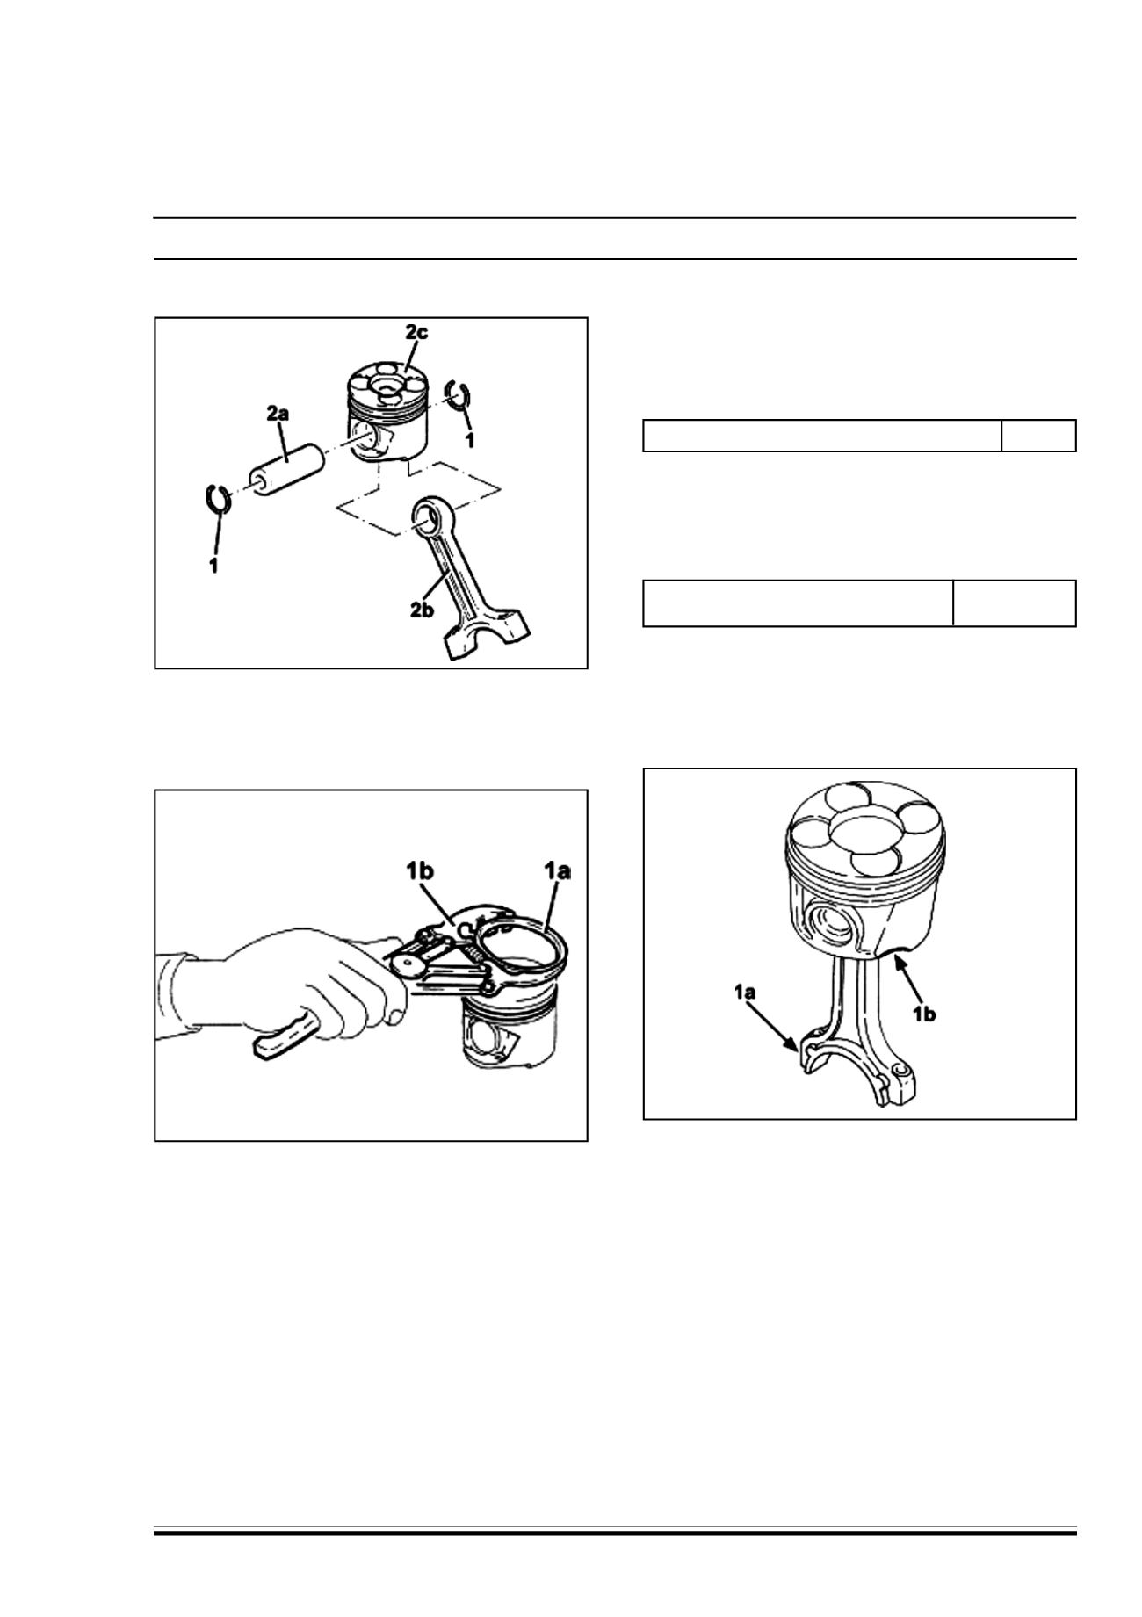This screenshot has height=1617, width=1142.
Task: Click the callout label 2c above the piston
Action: [416, 333]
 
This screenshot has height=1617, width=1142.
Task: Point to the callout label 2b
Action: [423, 610]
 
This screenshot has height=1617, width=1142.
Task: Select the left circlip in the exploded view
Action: [217, 497]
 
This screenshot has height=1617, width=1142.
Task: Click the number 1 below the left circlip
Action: [213, 566]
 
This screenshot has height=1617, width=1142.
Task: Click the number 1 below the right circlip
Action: [470, 439]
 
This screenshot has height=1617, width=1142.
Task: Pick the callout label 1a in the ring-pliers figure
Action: [556, 871]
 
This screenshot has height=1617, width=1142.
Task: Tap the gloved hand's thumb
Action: [389, 1010]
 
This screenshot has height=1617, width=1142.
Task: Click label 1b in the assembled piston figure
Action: [922, 1014]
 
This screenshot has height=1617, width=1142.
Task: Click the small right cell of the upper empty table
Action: [1038, 436]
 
